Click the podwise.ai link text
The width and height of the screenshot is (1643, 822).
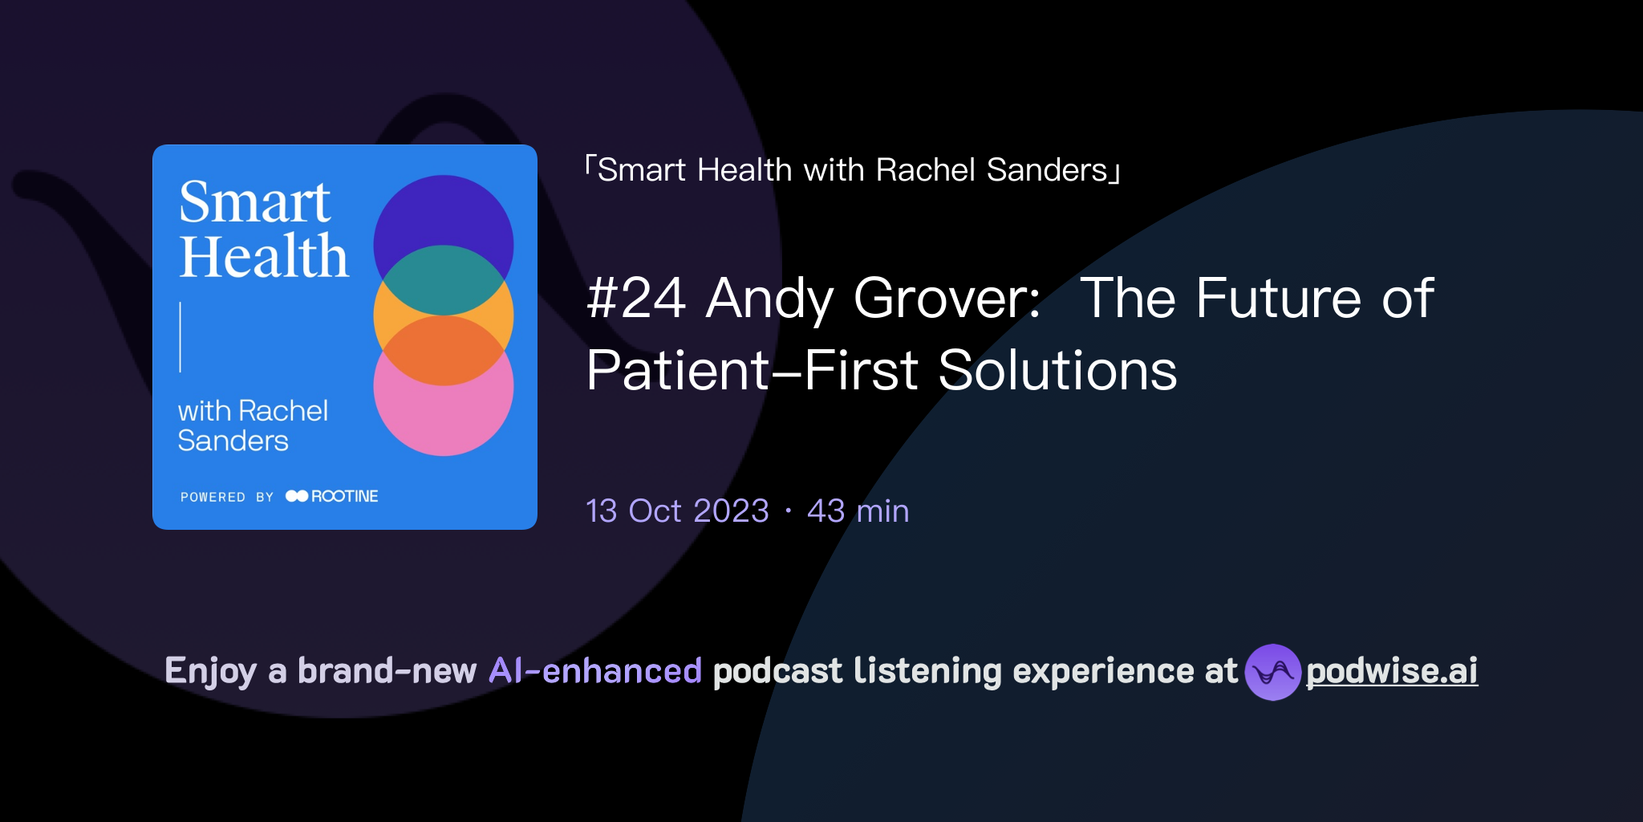click(x=1391, y=671)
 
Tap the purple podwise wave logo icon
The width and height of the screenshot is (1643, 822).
click(x=1272, y=672)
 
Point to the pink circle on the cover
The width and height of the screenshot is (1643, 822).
click(x=444, y=421)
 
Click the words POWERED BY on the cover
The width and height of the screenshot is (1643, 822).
click(x=227, y=498)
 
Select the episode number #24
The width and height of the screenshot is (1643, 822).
click(x=636, y=299)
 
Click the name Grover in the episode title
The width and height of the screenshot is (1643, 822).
click(x=947, y=299)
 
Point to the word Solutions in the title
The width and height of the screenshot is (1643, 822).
click(x=1057, y=371)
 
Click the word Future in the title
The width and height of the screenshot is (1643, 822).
click(x=1279, y=299)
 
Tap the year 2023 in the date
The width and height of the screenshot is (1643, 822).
click(x=731, y=511)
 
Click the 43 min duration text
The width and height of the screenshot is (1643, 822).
click(x=858, y=511)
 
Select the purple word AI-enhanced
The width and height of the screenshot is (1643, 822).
click(x=595, y=671)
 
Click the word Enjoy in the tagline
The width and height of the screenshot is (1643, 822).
click(x=210, y=671)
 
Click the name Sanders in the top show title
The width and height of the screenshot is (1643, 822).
click(x=1047, y=170)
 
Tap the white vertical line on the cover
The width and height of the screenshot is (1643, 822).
click(x=181, y=337)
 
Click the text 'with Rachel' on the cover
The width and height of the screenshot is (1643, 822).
click(x=253, y=411)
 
